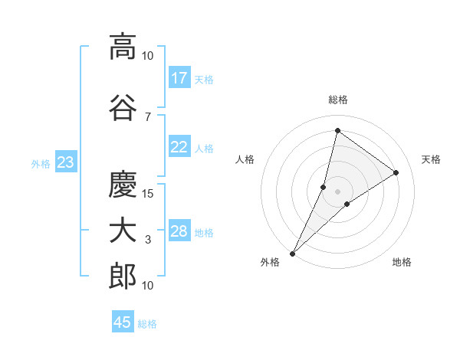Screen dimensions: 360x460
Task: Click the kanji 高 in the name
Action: tap(122, 47)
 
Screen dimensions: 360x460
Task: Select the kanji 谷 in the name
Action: tap(122, 108)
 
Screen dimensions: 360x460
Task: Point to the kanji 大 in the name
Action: tap(122, 231)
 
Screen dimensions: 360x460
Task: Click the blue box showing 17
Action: tap(179, 78)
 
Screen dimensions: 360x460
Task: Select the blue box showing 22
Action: tap(179, 148)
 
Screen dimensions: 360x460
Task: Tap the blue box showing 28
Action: tap(179, 232)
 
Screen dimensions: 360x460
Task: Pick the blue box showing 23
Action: tap(65, 162)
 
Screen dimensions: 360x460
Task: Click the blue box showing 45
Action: tap(123, 322)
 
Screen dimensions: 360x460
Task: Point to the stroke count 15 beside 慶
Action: tap(148, 193)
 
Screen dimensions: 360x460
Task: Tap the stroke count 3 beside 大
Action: tap(148, 240)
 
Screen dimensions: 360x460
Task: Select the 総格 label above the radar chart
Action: tap(338, 100)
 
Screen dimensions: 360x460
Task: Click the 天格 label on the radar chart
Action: tap(432, 159)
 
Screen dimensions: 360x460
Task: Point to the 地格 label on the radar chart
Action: tap(402, 263)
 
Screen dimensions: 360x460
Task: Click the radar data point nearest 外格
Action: tap(292, 253)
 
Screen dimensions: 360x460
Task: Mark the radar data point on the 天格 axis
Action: tap(396, 172)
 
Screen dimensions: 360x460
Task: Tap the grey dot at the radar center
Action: tap(337, 191)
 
